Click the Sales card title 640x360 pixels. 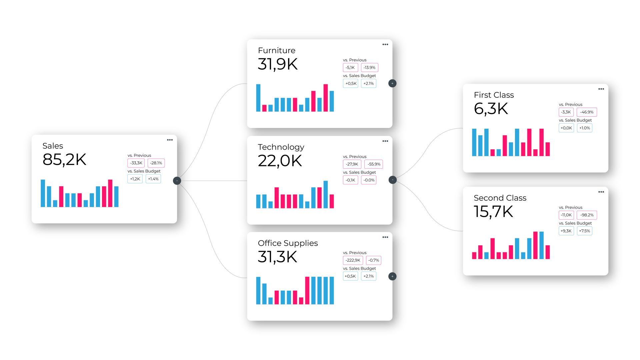click(53, 146)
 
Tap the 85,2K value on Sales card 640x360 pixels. click(64, 160)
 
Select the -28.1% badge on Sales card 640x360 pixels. click(156, 163)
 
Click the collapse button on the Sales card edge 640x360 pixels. click(177, 181)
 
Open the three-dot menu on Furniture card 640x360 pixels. click(385, 44)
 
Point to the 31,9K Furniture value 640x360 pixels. click(278, 64)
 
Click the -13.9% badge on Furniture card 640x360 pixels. click(369, 68)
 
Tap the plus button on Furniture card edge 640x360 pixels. click(392, 83)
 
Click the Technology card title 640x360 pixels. click(281, 147)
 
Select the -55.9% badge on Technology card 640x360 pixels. click(374, 164)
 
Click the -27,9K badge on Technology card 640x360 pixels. click(352, 164)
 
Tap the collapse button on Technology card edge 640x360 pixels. click(393, 180)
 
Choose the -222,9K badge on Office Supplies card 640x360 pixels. click(353, 260)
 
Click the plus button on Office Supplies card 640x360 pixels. click(392, 276)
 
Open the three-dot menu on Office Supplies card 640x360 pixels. click(385, 237)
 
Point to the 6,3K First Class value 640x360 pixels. click(491, 109)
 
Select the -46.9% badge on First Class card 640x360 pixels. click(587, 112)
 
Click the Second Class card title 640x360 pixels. click(500, 198)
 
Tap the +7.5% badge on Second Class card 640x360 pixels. click(584, 231)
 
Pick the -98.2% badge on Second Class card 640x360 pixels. click(587, 215)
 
